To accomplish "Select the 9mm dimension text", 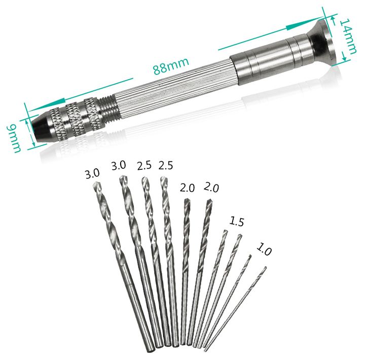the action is tap(15, 138).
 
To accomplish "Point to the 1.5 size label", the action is tap(237, 221).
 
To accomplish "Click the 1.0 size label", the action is tap(264, 249).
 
